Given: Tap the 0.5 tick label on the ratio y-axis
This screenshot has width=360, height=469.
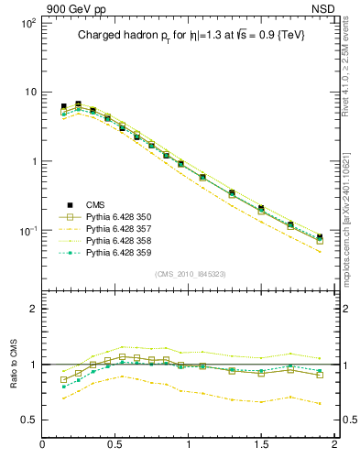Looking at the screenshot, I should coord(27,420).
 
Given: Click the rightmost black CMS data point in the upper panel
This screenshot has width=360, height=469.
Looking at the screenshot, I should coord(320,237).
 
